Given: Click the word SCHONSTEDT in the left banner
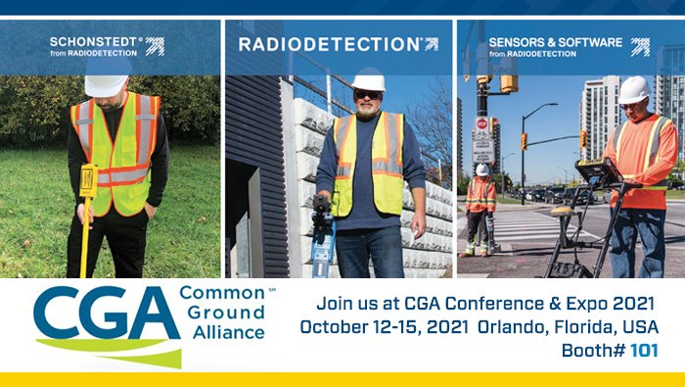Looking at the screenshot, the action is tap(94, 42).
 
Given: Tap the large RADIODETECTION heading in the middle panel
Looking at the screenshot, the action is tap(330, 44).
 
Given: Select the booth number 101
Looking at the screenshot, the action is tap(644, 351).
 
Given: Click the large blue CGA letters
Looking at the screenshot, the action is tap(106, 313).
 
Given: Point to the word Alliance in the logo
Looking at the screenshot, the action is tap(228, 332).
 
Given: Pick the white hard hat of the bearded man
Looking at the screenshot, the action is tap(369, 81).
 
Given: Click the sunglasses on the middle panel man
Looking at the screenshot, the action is tap(367, 95).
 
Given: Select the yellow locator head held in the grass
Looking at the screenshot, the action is tap(88, 180).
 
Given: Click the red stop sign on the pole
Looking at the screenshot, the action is tap(481, 122).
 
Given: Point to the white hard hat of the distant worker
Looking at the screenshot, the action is tap(481, 169).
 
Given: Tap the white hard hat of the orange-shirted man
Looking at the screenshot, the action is tap(633, 89).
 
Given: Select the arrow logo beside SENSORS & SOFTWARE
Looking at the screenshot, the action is tap(640, 47).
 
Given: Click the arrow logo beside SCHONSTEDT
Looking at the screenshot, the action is tap(155, 46).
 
